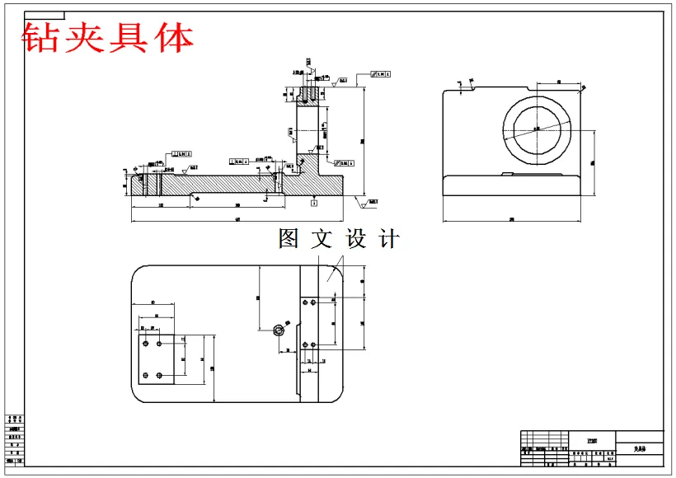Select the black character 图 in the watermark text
pos(289,239)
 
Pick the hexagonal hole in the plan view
pos(279,330)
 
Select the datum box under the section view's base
pos(314,201)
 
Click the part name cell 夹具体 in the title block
pos(640,449)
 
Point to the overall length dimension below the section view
pos(237,220)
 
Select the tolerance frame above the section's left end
pos(181,153)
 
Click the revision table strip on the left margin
pos(15,441)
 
